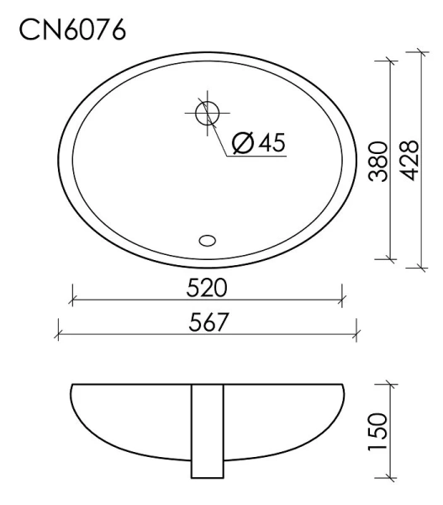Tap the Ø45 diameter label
[256, 143]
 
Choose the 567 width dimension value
[207, 322]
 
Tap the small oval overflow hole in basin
[207, 241]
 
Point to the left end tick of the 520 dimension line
[73, 297]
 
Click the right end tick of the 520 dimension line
[341, 297]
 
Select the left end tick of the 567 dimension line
[58, 332]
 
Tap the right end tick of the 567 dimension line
[356, 332]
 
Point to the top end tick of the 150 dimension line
[389, 383]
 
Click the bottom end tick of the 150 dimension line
[389, 479]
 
